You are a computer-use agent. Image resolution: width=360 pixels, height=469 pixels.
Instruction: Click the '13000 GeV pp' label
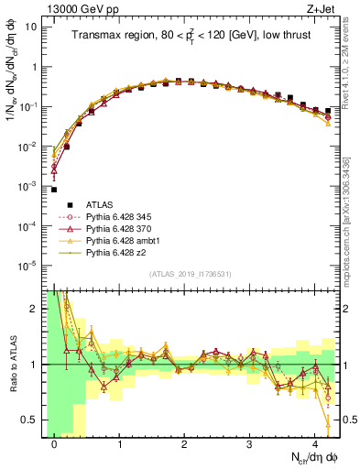[71, 7]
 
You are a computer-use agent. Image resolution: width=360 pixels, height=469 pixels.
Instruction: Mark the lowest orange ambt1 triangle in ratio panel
[327, 423]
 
